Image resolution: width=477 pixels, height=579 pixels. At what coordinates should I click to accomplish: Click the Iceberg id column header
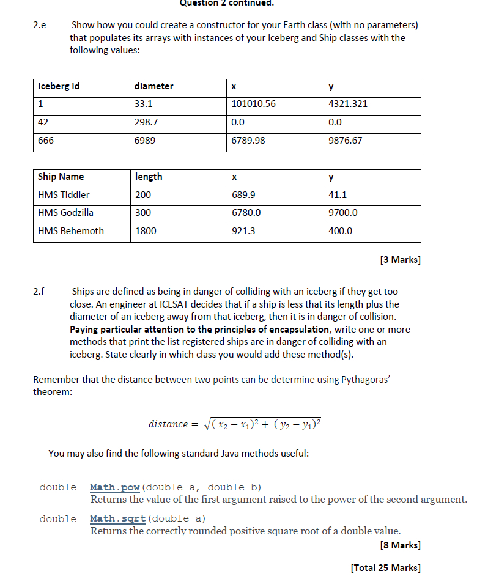click(59, 86)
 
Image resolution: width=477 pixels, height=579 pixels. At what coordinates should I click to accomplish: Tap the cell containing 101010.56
click(254, 104)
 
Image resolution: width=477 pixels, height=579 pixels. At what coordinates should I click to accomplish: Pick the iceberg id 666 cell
click(46, 141)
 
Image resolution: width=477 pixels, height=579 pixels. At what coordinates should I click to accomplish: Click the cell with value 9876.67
click(346, 141)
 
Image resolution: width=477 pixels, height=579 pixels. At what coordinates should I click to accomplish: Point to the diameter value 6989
click(145, 141)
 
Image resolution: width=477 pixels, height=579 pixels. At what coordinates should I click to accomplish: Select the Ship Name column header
click(61, 177)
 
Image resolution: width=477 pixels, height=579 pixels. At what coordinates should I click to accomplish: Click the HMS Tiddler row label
click(64, 195)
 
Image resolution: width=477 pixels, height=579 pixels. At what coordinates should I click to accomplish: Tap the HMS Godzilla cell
click(66, 213)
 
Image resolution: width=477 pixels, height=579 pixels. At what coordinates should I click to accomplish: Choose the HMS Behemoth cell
click(71, 231)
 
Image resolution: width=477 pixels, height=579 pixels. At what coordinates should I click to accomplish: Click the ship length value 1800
click(146, 231)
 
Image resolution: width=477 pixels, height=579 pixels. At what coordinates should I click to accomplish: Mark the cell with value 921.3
click(244, 231)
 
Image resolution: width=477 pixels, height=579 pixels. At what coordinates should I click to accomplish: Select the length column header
click(149, 177)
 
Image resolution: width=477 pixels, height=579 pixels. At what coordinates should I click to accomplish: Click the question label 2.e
click(39, 26)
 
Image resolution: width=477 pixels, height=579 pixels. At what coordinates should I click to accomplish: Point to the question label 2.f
click(39, 292)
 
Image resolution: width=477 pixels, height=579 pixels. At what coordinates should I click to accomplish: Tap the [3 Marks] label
click(400, 259)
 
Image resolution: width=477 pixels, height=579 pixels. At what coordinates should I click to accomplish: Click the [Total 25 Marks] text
click(386, 567)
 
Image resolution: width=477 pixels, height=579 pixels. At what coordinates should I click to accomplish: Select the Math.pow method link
click(115, 487)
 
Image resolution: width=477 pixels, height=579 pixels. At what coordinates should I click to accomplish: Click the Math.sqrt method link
click(117, 519)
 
